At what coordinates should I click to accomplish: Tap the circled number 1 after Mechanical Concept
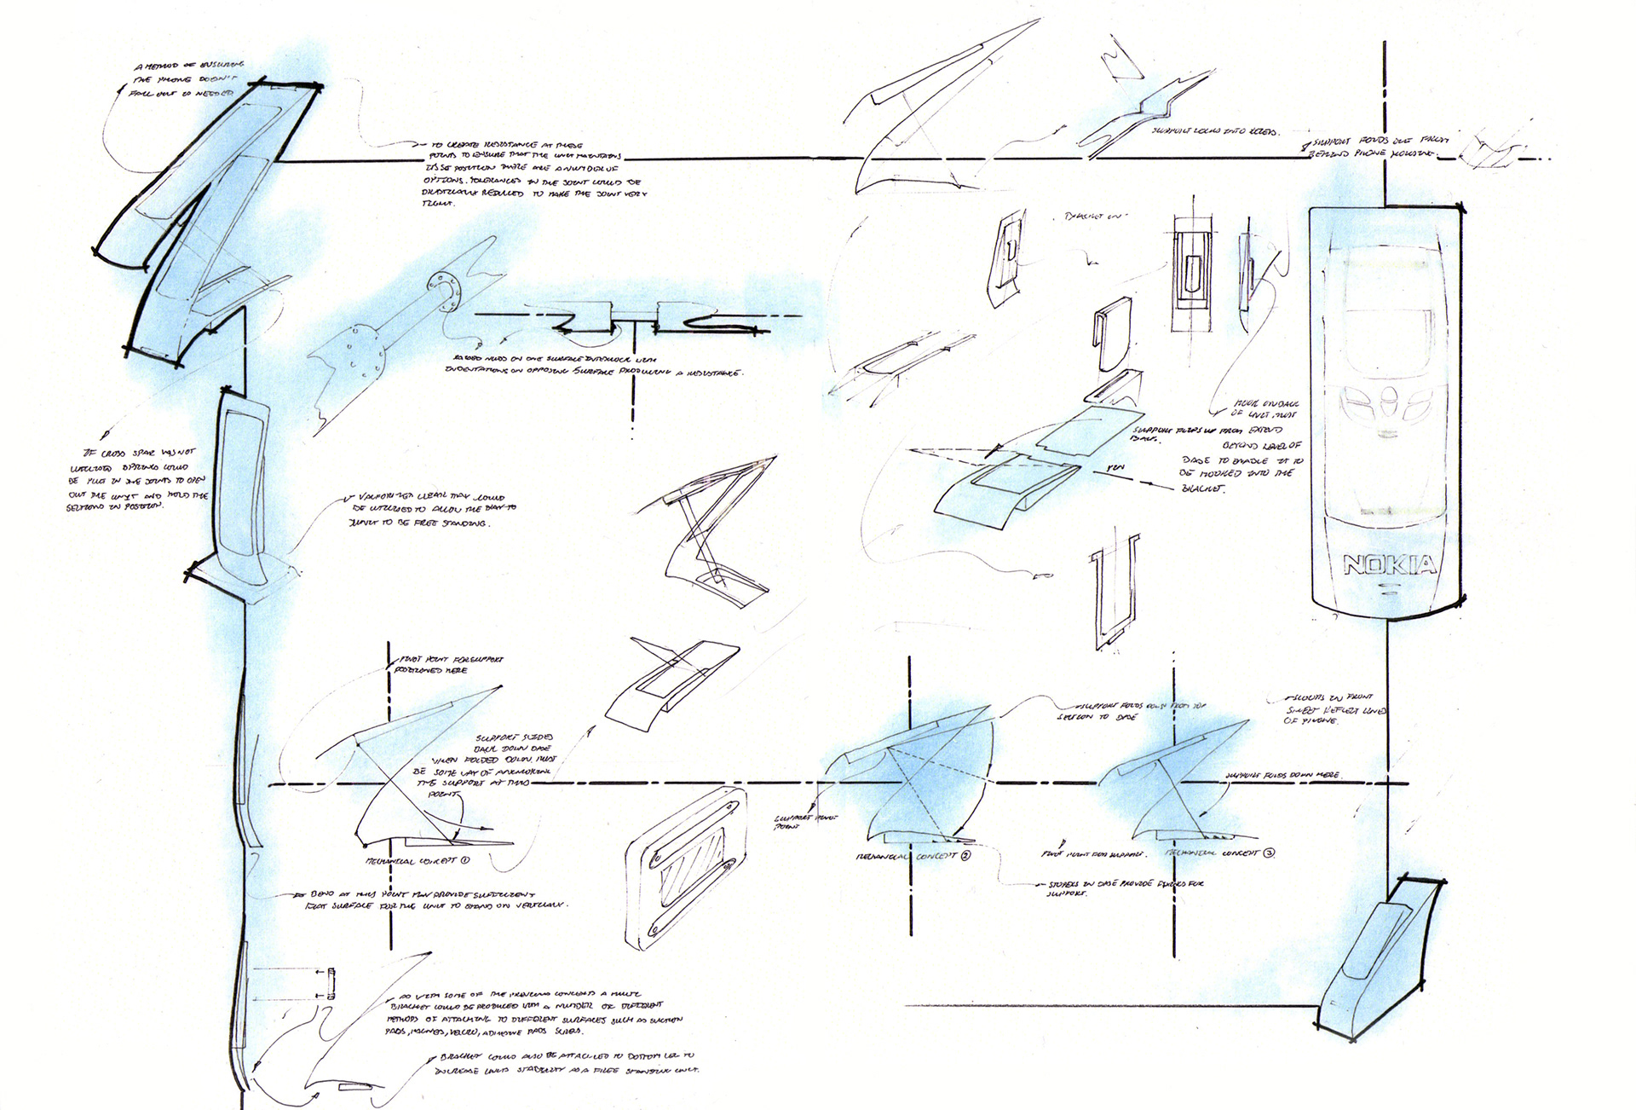pos(465,860)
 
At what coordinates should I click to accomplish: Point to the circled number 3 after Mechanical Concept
pos(1270,853)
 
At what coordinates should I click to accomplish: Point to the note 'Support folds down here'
pos(1282,776)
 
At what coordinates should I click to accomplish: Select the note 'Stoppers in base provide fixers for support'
pos(1119,889)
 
